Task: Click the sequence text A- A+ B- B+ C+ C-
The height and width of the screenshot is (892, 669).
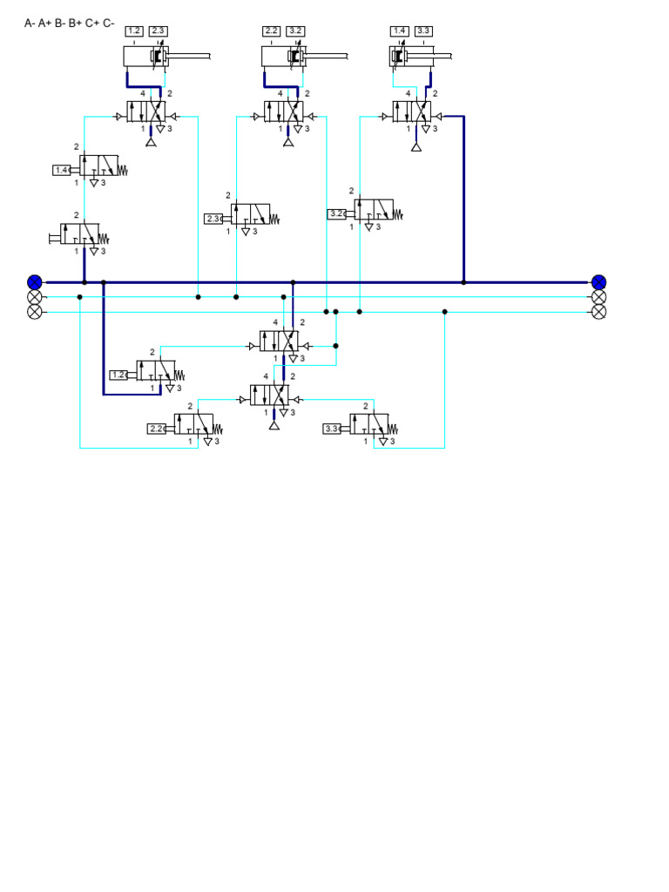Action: pos(69,23)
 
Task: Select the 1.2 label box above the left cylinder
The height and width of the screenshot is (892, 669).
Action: pos(134,31)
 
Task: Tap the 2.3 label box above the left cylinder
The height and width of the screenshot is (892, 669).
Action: pos(158,31)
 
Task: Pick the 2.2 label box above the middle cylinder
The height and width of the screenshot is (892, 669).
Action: pos(272,31)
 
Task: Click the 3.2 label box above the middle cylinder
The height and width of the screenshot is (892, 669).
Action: pos(295,31)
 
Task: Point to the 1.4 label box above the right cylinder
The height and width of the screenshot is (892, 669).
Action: pos(400,31)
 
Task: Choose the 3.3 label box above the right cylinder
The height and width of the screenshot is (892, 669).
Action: pos(423,31)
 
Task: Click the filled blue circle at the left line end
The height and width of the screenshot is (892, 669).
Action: pos(35,281)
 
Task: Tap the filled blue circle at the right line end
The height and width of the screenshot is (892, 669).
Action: pos(598,281)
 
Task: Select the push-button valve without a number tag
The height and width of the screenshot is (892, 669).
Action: pos(78,234)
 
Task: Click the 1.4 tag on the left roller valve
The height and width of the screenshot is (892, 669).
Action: pos(62,170)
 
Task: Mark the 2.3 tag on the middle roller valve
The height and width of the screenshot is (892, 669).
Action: pos(214,219)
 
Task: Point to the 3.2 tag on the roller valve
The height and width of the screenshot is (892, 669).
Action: pos(337,213)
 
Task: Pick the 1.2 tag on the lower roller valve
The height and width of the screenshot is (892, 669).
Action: pos(119,375)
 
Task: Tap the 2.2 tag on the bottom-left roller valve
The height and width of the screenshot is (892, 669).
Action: pos(158,429)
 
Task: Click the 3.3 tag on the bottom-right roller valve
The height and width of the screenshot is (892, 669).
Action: pos(333,429)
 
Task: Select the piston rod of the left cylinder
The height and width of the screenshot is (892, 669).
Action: pos(187,57)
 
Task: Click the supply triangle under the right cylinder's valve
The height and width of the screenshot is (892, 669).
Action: pos(416,145)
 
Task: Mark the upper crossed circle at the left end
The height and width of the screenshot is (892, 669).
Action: pos(35,297)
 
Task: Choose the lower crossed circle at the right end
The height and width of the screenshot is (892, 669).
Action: pos(598,312)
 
